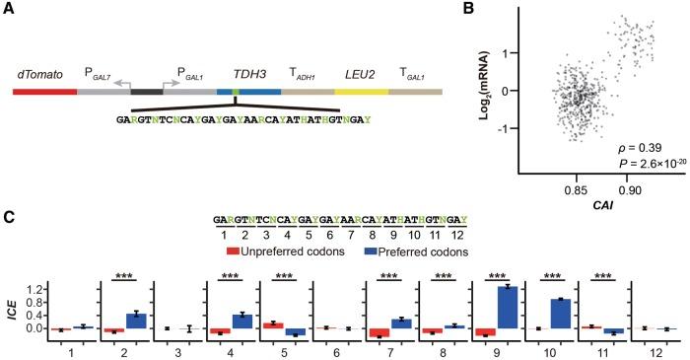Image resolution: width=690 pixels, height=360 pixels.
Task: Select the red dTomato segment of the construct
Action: coord(44,92)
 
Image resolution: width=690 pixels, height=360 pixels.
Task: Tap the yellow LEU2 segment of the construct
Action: coord(361,92)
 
